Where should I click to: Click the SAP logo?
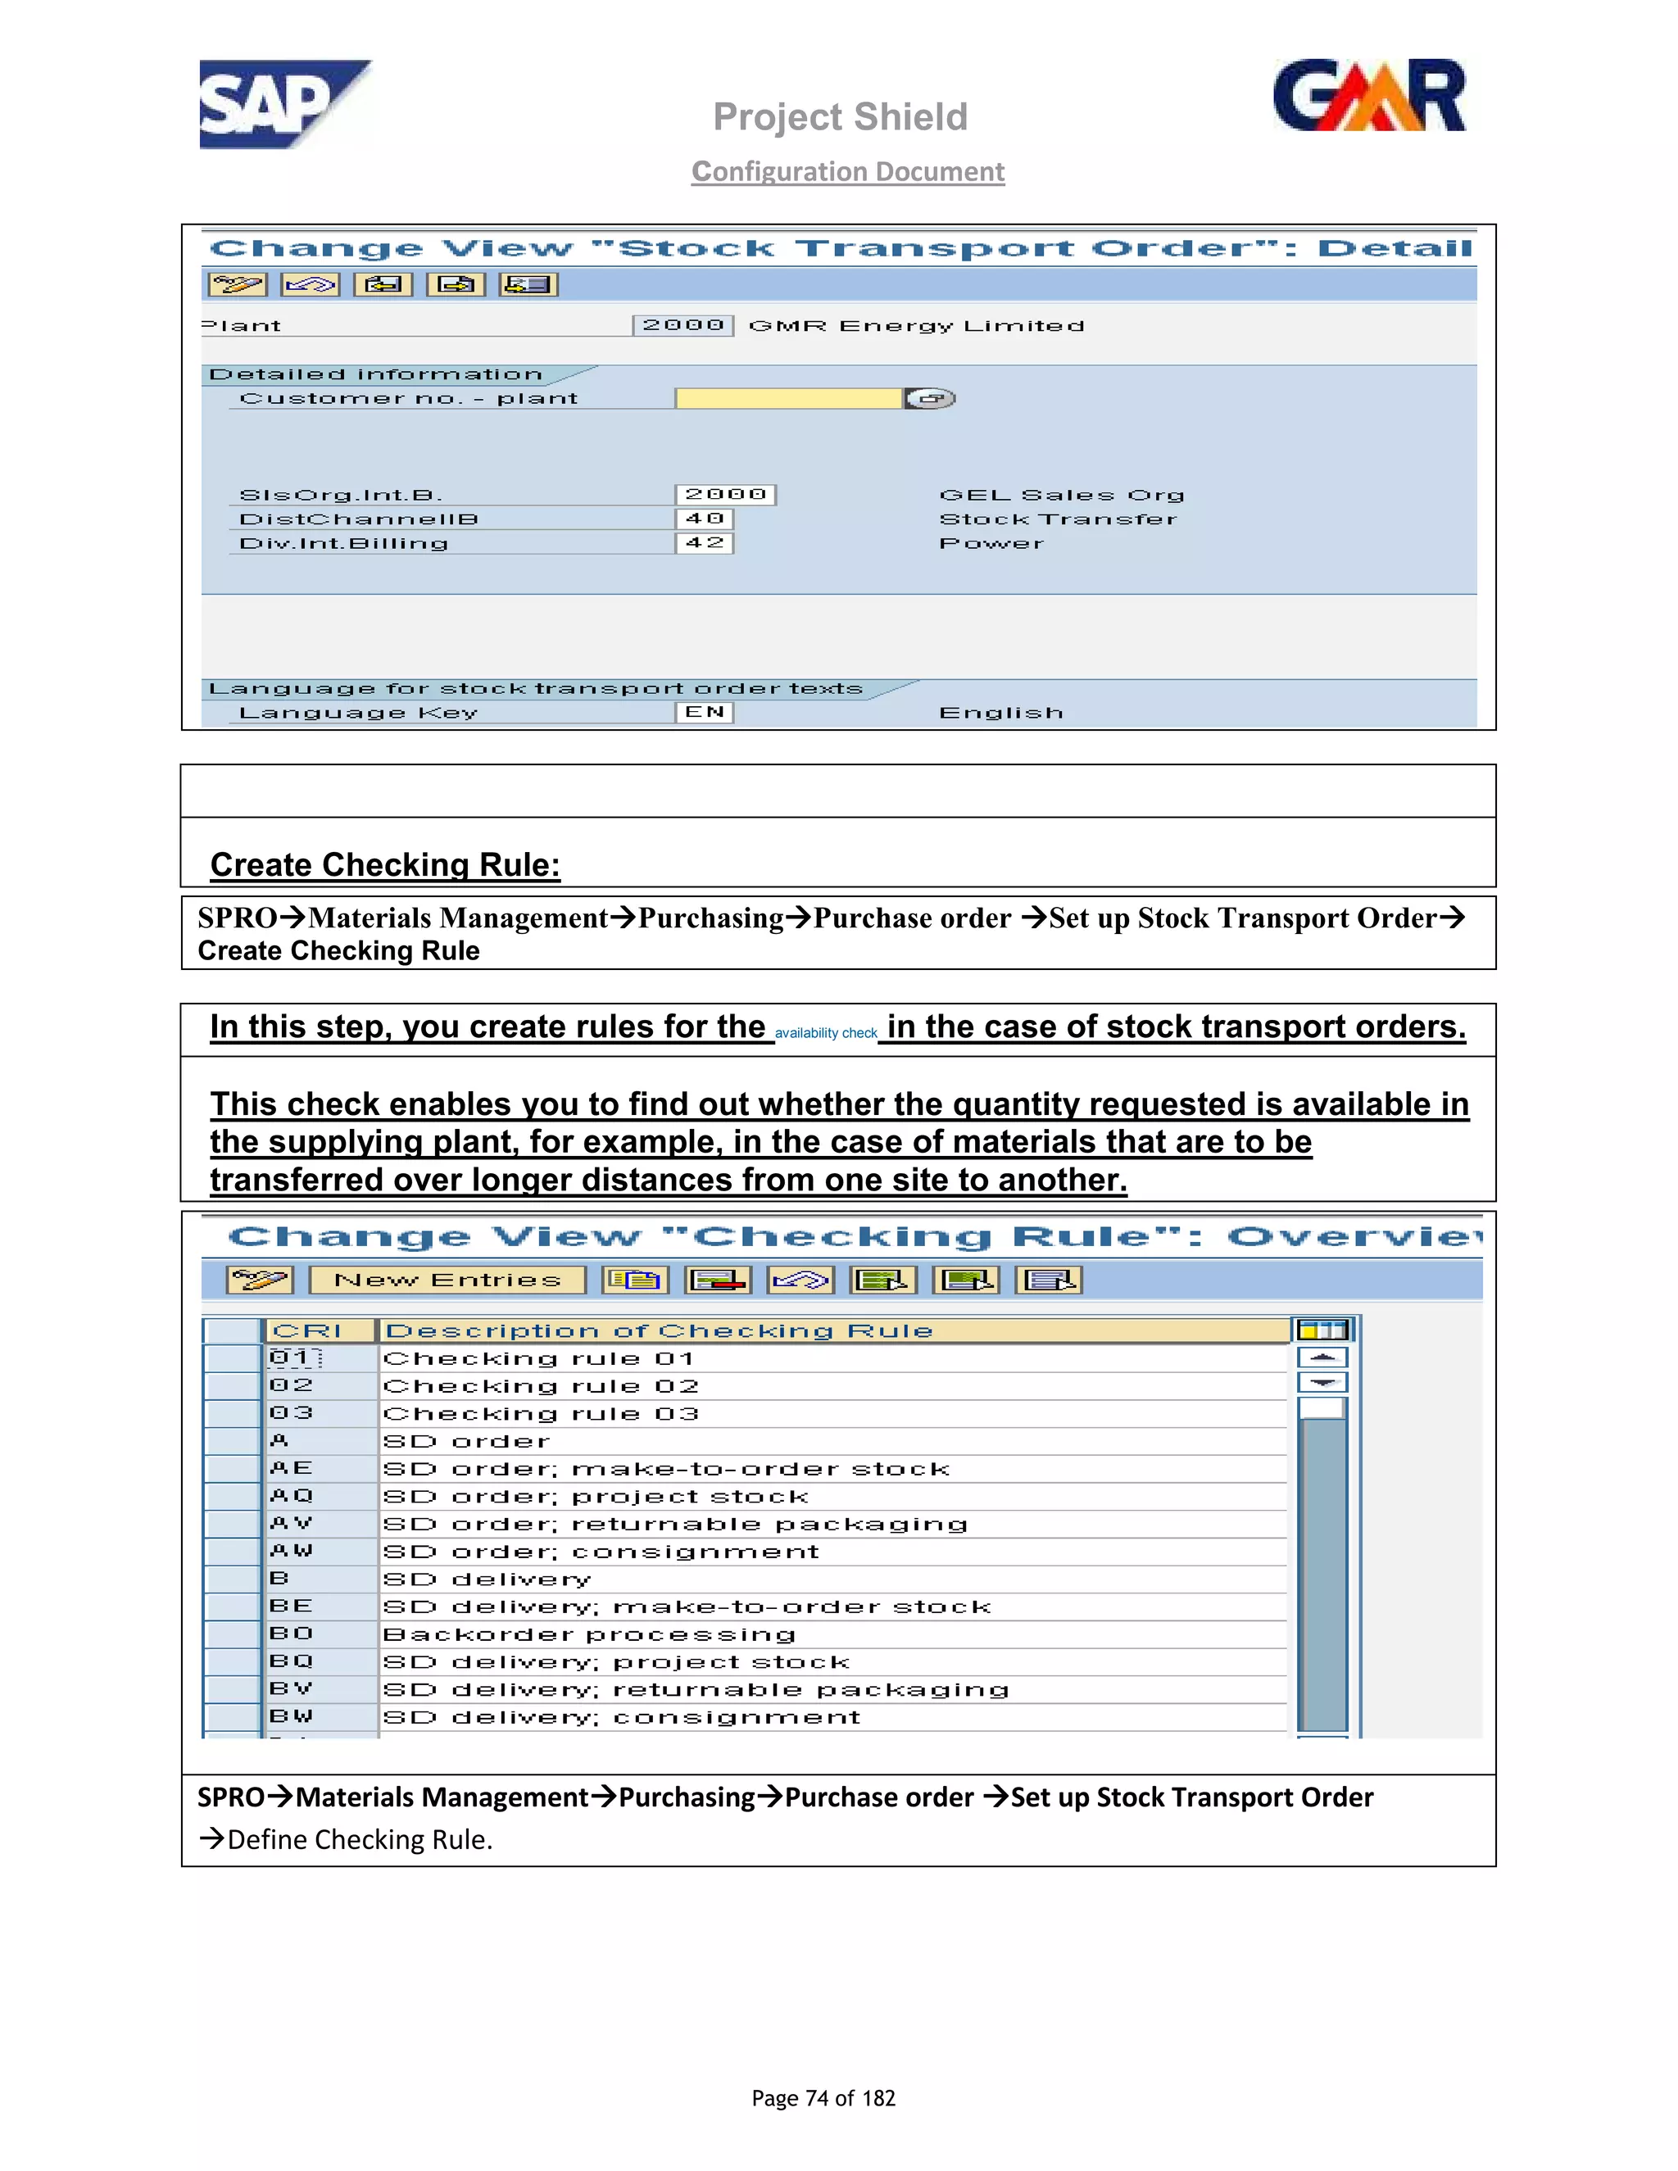(283, 104)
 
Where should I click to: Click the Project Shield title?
(840, 117)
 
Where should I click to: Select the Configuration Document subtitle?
(848, 172)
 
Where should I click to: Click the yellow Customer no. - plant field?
(788, 399)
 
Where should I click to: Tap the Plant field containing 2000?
(683, 325)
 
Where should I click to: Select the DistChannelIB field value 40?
(704, 519)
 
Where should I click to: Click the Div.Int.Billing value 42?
(704, 542)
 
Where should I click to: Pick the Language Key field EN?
(704, 713)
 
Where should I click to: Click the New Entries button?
(447, 1280)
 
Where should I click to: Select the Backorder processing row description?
(589, 1635)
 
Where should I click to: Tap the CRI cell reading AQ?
(291, 1496)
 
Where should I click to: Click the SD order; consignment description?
(601, 1552)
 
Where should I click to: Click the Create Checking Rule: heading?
(386, 865)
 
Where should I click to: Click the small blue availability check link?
(826, 1034)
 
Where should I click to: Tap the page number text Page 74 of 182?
(823, 2098)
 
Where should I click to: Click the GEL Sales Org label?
(1062, 495)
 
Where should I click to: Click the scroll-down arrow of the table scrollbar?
(1322, 1384)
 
